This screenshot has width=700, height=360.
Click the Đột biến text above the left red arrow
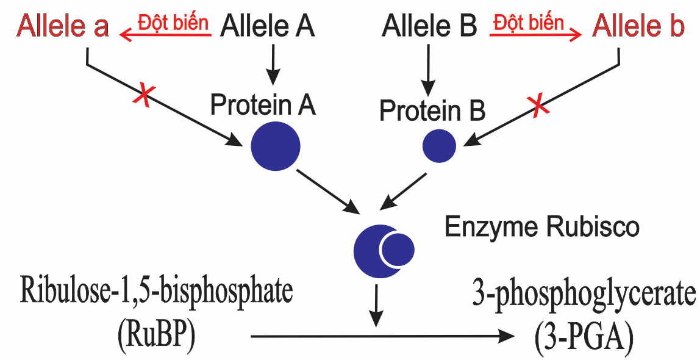click(x=173, y=22)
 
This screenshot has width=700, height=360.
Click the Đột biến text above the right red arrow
click(x=528, y=23)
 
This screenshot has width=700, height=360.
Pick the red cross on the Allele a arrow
click(x=145, y=96)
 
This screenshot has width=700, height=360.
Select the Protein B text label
click(x=432, y=111)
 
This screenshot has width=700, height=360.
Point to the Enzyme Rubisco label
click(x=541, y=227)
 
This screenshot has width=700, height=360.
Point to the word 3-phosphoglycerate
click(x=584, y=295)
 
